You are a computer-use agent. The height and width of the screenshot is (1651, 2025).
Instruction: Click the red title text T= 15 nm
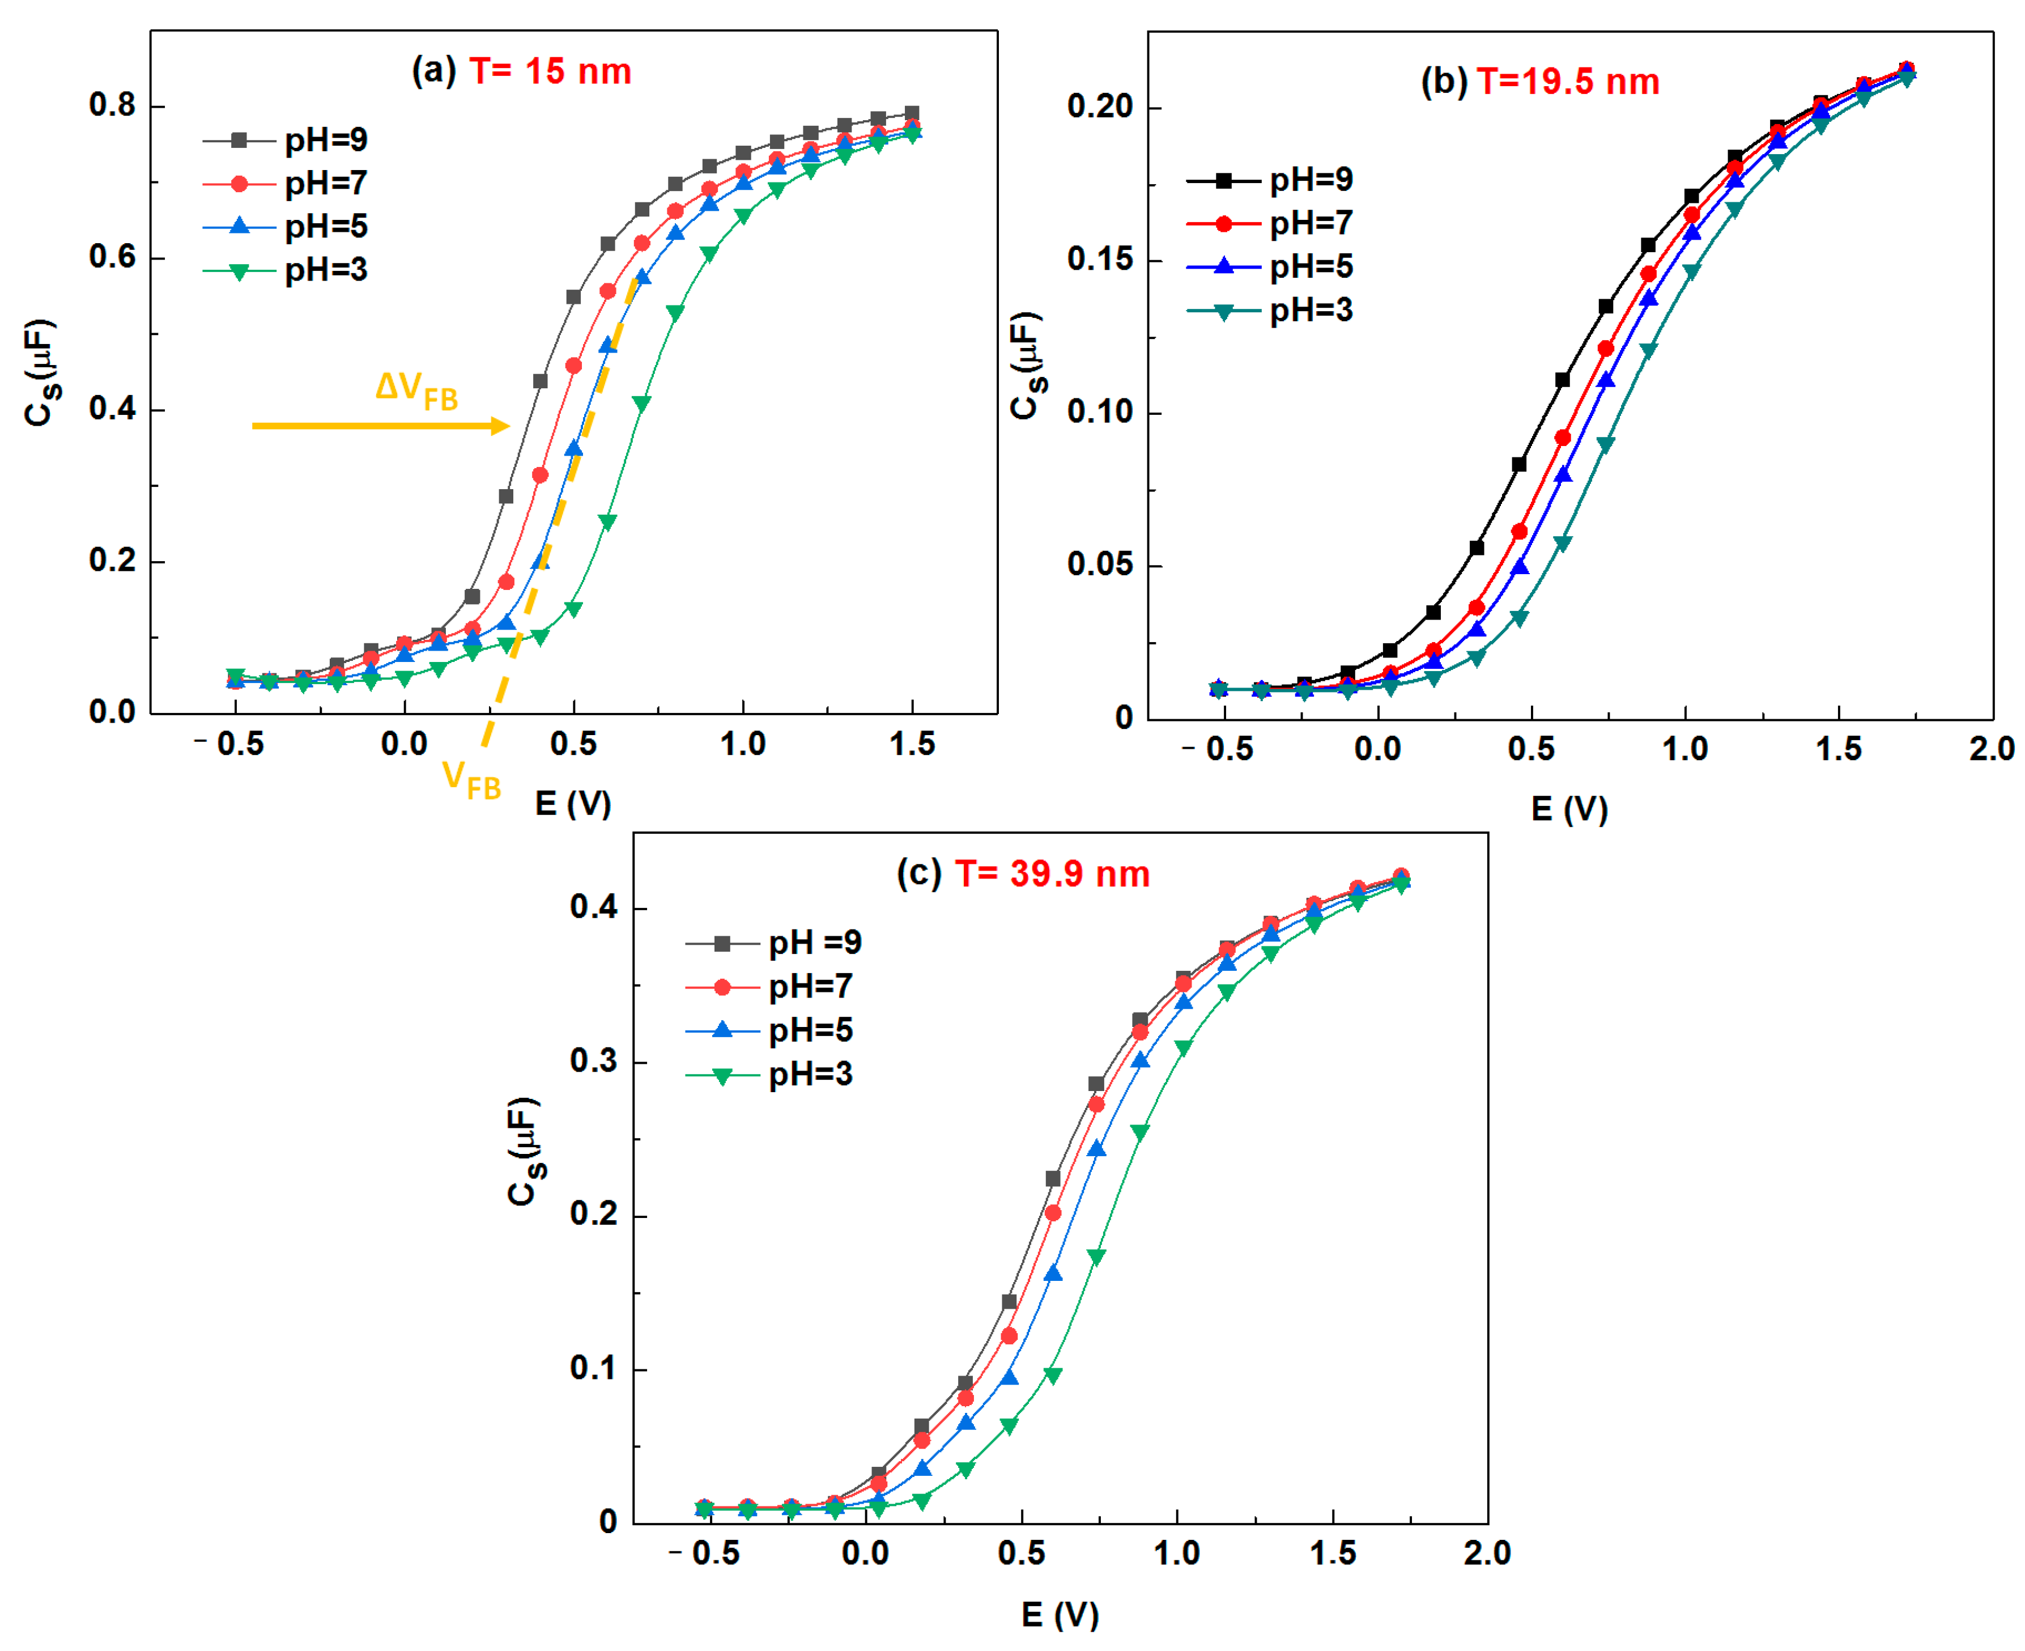point(550,71)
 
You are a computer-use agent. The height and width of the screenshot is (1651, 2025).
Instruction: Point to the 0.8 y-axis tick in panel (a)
point(112,105)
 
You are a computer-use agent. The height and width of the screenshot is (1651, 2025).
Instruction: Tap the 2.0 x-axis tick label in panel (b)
point(1991,749)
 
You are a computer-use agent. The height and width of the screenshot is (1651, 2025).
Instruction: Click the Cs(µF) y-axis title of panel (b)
point(1027,366)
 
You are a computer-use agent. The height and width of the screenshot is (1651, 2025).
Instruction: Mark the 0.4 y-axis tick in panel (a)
point(112,409)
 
